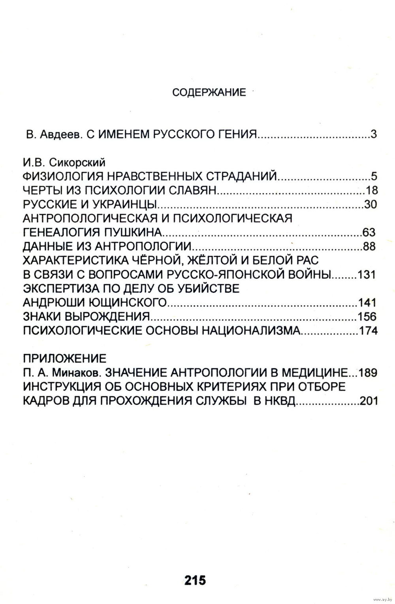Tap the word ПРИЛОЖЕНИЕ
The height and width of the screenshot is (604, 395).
(x=65, y=358)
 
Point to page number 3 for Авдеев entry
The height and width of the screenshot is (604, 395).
(x=374, y=134)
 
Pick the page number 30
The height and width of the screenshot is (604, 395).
(x=371, y=204)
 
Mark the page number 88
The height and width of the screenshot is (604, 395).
(x=369, y=246)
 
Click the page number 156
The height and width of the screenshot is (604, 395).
(x=367, y=316)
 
